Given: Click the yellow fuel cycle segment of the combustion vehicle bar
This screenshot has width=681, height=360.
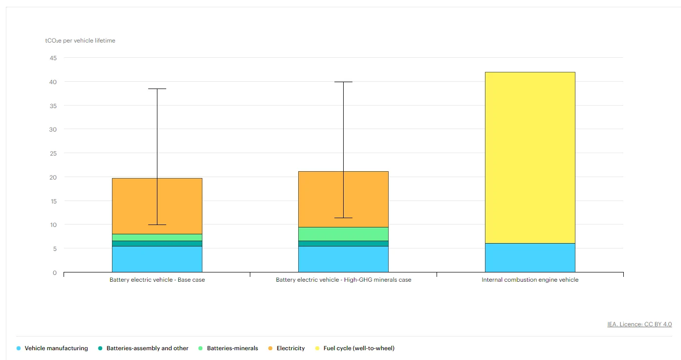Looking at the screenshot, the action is [530, 157].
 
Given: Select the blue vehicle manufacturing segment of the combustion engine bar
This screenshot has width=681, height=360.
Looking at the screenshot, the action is [530, 258].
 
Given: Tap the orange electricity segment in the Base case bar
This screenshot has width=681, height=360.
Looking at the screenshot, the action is [157, 206].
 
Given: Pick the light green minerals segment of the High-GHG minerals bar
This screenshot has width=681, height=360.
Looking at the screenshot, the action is [343, 234].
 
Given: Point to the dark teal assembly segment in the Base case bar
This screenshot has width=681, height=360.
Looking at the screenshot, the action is [157, 244].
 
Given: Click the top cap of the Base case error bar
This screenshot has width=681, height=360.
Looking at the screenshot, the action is [157, 89].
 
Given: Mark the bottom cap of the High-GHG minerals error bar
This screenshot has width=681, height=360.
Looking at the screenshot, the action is [344, 218].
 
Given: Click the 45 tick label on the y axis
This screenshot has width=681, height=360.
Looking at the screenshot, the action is [53, 58].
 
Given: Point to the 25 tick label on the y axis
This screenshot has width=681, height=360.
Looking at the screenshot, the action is [53, 153].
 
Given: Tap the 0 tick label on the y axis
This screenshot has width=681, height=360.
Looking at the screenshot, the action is [55, 273].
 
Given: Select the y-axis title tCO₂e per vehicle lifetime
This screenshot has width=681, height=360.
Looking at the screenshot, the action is [80, 41].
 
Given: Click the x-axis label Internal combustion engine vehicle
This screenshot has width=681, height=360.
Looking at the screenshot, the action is [530, 280].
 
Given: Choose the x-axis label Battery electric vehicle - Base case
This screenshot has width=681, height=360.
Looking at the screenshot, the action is [157, 280].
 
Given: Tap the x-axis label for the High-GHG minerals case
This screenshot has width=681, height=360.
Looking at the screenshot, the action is [344, 280].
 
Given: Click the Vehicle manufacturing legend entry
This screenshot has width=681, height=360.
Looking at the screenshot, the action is [52, 348].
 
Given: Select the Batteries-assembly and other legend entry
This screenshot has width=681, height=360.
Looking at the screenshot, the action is [143, 348].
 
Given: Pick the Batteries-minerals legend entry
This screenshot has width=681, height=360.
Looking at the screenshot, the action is [228, 348].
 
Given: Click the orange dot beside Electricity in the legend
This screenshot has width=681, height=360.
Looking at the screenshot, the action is [270, 348].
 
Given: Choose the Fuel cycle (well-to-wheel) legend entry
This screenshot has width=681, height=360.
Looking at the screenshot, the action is [355, 348].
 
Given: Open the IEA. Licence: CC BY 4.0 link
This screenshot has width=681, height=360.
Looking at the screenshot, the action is [639, 324].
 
